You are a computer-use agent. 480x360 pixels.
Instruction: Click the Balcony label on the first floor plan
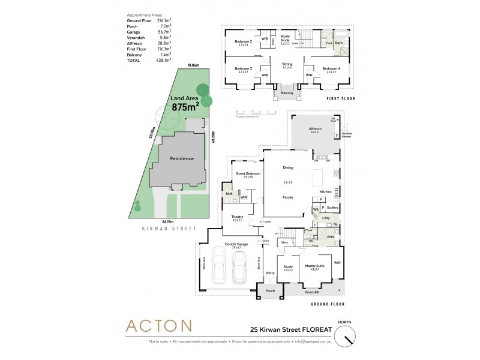click(x=287, y=93)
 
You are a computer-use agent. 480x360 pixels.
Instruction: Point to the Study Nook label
click(x=285, y=38)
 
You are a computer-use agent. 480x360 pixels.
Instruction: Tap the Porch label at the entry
click(x=270, y=291)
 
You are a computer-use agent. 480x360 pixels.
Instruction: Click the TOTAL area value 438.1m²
click(x=164, y=61)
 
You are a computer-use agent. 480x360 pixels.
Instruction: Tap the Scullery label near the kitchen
click(x=332, y=208)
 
